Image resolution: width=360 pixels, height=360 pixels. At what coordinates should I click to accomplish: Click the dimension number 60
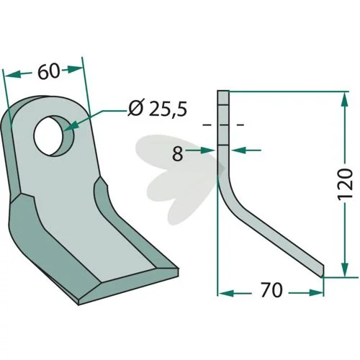48,71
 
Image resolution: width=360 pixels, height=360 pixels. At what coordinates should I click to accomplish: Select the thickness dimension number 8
178,153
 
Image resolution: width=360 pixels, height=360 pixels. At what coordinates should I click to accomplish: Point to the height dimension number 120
345,183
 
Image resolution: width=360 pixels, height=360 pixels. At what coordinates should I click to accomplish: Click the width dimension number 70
271,290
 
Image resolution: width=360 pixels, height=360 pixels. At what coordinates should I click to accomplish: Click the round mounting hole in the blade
53,136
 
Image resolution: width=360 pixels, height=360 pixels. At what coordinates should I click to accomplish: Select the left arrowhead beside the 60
12,74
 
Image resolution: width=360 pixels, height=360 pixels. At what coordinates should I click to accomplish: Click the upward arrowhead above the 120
345,100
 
